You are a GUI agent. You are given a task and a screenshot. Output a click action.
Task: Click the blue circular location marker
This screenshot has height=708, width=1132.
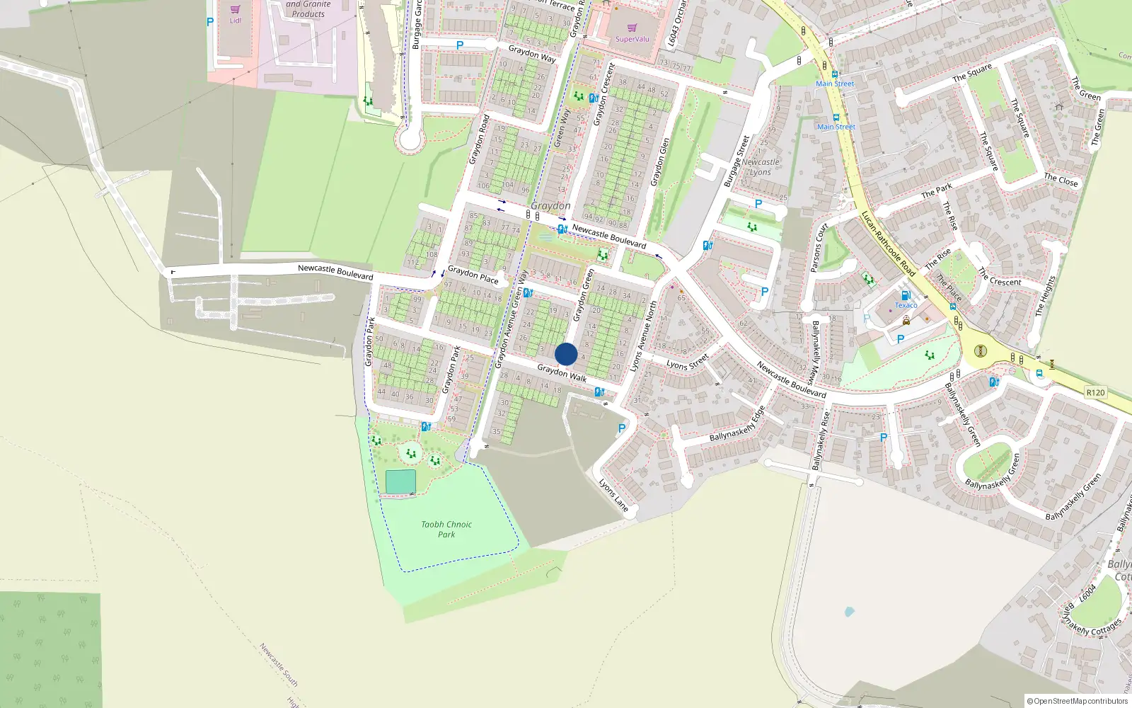(566, 354)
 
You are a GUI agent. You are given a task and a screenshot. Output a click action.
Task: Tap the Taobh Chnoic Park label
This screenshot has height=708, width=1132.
(446, 530)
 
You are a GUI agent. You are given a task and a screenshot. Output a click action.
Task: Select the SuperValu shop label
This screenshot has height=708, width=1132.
(632, 39)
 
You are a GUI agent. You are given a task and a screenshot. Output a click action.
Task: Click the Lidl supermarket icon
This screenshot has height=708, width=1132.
(235, 10)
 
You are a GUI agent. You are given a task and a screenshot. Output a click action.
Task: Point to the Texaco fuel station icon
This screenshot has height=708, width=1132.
(905, 295)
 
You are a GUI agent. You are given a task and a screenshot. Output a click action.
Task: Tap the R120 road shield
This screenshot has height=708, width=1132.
(1095, 392)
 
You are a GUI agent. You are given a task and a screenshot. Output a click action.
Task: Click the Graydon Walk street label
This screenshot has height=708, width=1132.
(562, 373)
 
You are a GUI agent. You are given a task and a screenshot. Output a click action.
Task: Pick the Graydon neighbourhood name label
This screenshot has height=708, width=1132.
(550, 206)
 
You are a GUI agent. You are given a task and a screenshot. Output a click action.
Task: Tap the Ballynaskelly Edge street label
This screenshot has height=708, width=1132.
(737, 424)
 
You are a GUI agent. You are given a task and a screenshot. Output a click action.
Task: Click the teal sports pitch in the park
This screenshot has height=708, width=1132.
(400, 482)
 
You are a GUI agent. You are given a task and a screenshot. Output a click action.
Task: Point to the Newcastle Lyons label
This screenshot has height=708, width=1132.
(761, 167)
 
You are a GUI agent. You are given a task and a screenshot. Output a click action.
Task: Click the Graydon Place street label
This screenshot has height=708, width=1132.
(473, 275)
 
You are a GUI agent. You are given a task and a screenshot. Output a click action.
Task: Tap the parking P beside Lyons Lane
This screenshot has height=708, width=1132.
(622, 428)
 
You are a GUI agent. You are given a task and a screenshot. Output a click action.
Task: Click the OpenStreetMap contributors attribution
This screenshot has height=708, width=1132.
(1078, 701)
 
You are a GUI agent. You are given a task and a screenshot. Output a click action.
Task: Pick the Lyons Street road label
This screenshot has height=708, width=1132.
(687, 362)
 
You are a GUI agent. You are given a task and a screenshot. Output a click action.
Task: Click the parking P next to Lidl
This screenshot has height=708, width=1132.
(210, 22)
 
